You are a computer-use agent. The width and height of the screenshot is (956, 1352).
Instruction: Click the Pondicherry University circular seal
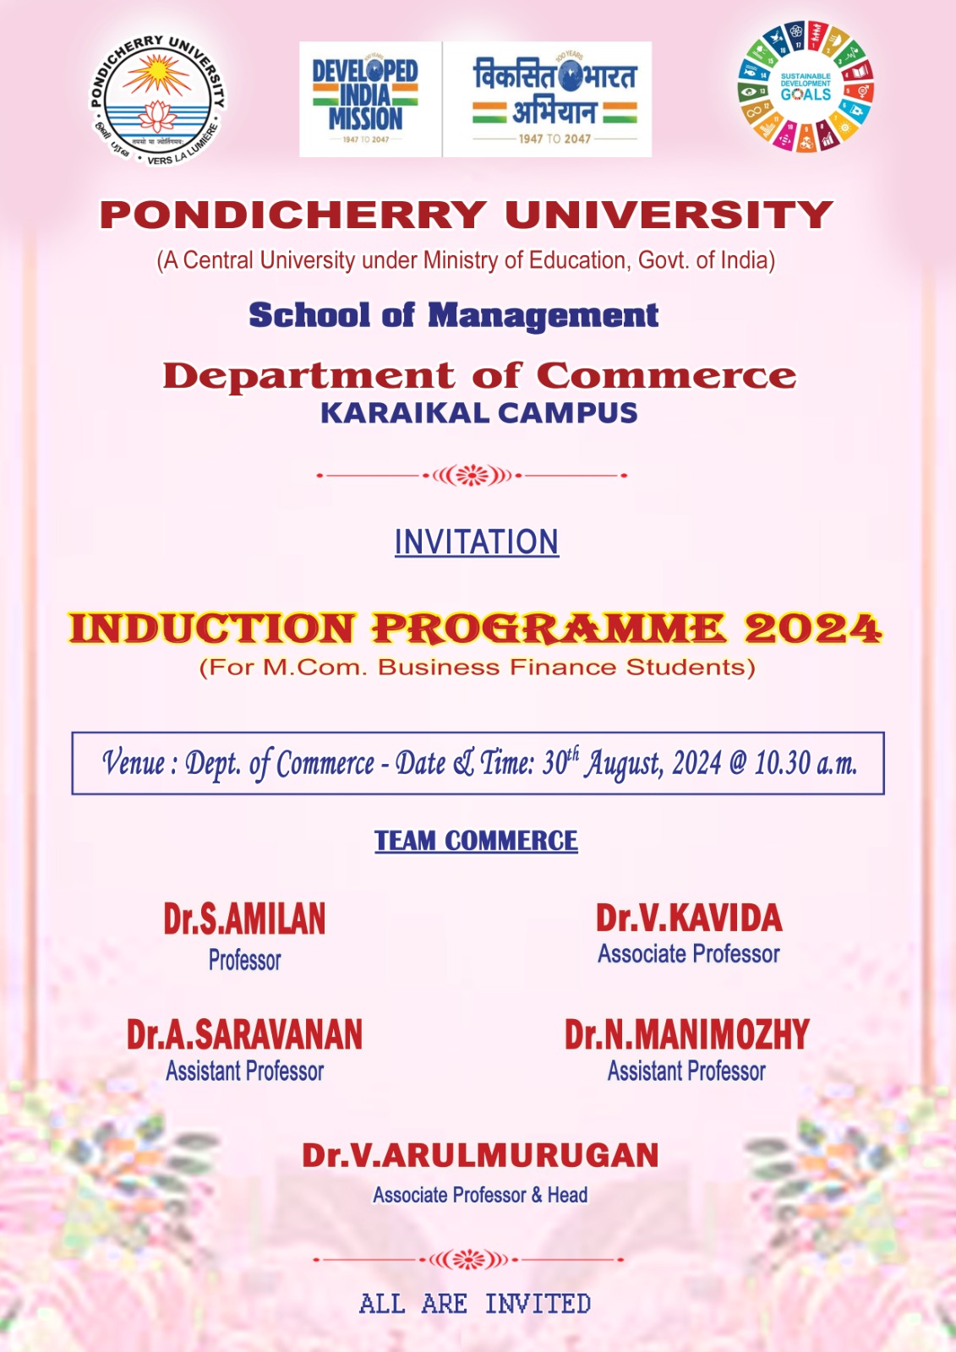[x=158, y=100]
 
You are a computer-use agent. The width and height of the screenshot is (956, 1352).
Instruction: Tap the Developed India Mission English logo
[x=366, y=99]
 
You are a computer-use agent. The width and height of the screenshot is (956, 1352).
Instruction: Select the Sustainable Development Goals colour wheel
[x=805, y=86]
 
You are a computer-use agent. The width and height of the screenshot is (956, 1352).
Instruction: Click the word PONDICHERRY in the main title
[x=293, y=215]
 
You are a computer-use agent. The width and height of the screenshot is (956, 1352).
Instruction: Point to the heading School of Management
[x=453, y=315]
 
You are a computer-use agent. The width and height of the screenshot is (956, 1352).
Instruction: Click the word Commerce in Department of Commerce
[x=666, y=375]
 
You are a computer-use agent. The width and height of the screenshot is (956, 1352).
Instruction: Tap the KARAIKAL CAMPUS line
[x=478, y=413]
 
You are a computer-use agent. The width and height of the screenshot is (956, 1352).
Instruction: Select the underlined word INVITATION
[x=477, y=542]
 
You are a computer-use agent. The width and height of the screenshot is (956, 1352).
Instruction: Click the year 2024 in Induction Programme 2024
[x=813, y=629]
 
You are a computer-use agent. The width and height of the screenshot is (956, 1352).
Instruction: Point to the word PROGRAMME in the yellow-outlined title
[x=549, y=629]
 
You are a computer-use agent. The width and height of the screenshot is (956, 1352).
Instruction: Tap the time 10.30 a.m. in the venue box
[x=806, y=763]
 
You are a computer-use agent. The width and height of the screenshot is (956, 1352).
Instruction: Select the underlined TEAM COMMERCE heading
[x=477, y=841]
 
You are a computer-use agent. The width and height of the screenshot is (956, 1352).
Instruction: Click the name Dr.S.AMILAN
[x=244, y=919]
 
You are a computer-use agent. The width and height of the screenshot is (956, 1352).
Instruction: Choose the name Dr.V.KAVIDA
[x=689, y=919]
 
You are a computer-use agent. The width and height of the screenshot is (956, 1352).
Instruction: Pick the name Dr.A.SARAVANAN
[x=244, y=1035]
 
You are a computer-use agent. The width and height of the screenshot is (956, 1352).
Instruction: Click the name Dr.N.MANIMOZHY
[x=687, y=1035]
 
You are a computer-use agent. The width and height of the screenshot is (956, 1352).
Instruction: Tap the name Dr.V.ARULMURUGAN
[x=480, y=1156]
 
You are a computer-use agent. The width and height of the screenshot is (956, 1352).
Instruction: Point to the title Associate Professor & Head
[x=480, y=1195]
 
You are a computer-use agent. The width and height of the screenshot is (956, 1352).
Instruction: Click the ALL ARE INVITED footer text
[x=475, y=1304]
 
